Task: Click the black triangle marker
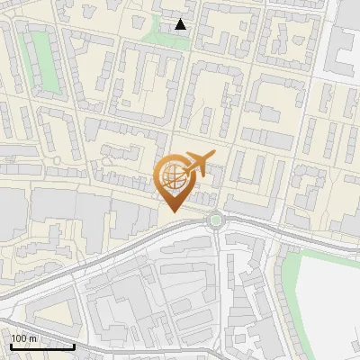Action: pos(181,24)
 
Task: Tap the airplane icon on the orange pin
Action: pos(197,165)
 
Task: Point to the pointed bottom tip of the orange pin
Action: pos(172,211)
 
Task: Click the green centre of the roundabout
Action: pos(214,219)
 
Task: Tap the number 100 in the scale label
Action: pos(20,338)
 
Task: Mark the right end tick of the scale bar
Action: pos(74,344)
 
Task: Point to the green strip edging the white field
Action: pos(288,270)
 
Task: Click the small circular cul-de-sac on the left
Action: pos(57,160)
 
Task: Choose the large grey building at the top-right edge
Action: pos(346,45)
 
